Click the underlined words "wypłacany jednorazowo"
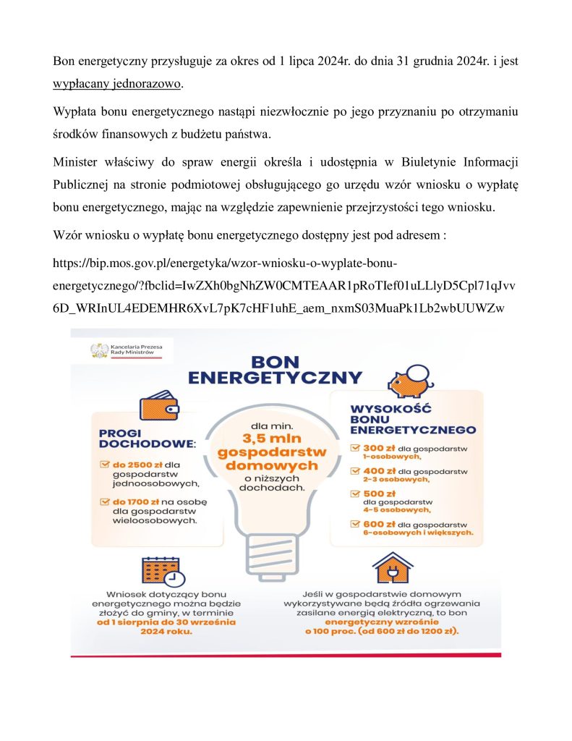tap(117, 83)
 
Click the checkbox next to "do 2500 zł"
tap(104, 463)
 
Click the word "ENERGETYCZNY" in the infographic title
tap(275, 377)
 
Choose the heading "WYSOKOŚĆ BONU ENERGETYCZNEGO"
tap(412, 418)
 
